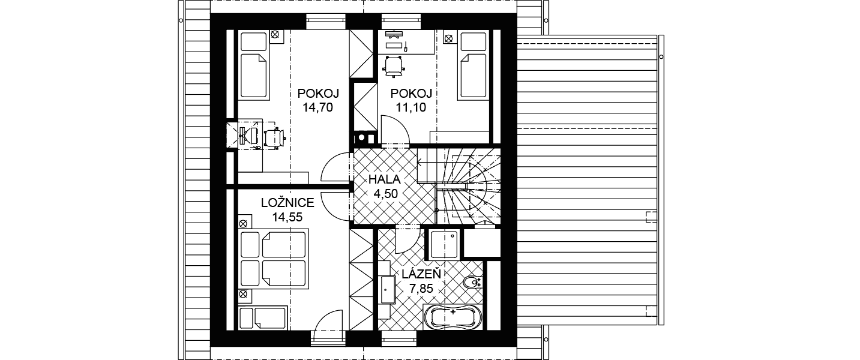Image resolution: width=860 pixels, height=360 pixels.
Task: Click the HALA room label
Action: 384,179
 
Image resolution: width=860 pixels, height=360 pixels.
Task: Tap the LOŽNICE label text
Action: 287,203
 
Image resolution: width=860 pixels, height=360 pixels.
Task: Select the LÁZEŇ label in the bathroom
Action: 421,274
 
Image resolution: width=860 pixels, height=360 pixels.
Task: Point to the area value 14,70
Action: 317,107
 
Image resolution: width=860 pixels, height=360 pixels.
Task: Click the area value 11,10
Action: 411,107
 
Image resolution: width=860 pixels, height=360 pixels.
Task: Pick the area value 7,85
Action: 421,289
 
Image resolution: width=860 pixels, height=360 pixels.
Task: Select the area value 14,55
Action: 287,217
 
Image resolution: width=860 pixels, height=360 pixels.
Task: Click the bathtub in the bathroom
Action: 453,317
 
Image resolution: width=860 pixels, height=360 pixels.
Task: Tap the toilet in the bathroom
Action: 472,283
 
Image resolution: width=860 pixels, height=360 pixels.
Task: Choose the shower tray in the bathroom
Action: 444,244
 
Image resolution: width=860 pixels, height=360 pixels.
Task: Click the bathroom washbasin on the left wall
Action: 388,289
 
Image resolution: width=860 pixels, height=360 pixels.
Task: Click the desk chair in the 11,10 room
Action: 394,67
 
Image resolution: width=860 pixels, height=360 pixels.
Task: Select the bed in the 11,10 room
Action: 474,65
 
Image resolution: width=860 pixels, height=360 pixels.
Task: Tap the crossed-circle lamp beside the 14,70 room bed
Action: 274,35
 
